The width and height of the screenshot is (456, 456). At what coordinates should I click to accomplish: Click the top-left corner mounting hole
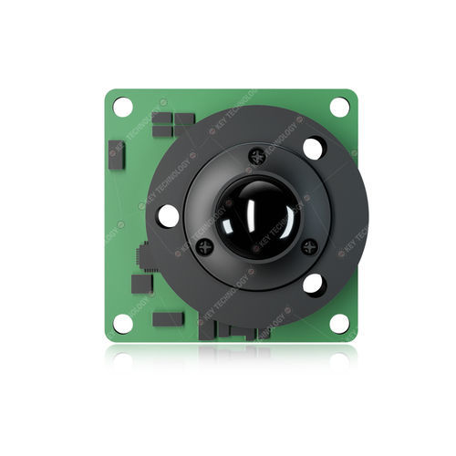123,107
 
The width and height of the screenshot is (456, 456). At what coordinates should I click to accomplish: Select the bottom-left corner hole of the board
122,323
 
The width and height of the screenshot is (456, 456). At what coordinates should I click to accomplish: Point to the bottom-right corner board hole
339,322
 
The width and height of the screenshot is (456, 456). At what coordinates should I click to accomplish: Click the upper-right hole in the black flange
313,148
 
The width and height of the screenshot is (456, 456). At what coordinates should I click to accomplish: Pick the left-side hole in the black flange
169,215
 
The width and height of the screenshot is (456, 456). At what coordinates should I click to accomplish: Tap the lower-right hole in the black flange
313,284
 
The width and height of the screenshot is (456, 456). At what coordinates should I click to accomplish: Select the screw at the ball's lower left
204,245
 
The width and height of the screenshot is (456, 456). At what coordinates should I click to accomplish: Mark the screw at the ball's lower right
308,245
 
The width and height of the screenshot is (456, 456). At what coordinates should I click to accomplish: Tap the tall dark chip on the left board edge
116,155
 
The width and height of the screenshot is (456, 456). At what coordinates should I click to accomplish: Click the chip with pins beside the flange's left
145,257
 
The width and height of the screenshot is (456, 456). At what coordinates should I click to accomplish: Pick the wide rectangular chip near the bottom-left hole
168,319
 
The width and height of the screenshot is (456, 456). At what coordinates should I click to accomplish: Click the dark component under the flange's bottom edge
239,329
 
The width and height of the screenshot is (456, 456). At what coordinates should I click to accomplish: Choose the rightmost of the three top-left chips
185,119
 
